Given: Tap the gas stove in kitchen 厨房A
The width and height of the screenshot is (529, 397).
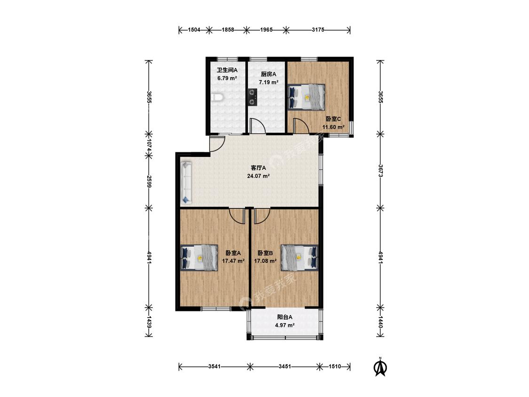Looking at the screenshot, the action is click(252, 97).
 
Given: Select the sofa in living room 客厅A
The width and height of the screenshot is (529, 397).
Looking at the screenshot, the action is click(186, 183).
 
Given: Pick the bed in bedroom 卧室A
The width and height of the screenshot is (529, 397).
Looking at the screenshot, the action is click(199, 258).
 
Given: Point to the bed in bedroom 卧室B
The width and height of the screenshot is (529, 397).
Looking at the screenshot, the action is click(300, 258).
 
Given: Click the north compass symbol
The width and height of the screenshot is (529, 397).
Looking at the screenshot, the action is click(380, 366).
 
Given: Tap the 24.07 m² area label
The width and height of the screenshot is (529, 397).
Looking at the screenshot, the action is click(258, 176).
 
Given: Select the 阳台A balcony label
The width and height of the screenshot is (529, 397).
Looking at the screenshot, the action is click(285, 317).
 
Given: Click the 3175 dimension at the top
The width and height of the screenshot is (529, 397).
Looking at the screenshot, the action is click(318, 30).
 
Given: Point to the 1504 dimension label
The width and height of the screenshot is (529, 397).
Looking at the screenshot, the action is click(194, 30).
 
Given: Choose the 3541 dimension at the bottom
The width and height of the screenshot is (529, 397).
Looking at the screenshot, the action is click(214, 366).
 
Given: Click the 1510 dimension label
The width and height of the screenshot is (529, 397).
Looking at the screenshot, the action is click(335, 366).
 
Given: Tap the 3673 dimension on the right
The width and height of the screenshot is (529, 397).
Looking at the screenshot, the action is click(380, 171).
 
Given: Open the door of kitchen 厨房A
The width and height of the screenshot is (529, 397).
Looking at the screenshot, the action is click(257, 126).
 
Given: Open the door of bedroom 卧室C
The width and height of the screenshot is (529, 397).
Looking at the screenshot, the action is click(301, 126).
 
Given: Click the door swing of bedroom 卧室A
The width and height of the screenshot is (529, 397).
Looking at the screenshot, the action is click(237, 216).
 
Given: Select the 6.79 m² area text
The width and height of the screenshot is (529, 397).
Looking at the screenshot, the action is click(227, 78).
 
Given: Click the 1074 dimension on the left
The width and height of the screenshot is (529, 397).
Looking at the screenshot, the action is click(149, 145).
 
